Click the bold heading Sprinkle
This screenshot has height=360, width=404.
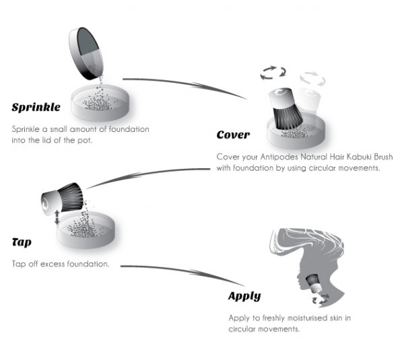(36, 107)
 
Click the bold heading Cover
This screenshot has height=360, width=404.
(233, 135)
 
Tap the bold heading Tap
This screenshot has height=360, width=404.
(22, 242)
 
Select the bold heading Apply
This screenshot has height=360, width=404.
(244, 296)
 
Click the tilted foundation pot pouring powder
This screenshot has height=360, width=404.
(86, 54)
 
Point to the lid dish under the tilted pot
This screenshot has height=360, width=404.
(100, 103)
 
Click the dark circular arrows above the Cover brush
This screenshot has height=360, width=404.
(273, 73)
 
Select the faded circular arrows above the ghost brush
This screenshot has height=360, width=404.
(313, 78)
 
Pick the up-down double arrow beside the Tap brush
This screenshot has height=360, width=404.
(57, 217)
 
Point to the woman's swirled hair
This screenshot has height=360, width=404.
(306, 242)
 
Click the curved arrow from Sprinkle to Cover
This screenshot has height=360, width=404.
(184, 85)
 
